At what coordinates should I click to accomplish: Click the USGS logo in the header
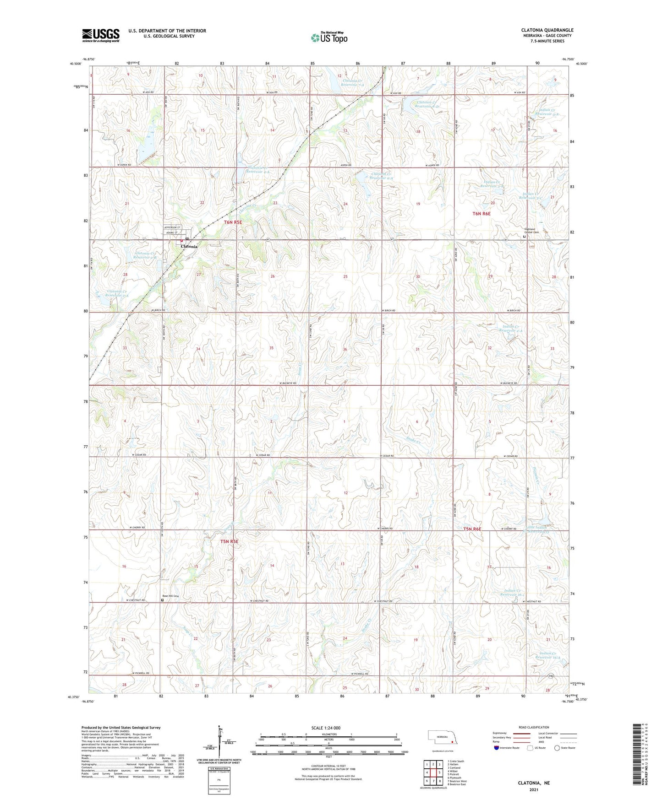pos(101,35)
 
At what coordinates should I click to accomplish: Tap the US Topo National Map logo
pos(328,37)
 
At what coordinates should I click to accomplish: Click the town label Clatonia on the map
pos(189,247)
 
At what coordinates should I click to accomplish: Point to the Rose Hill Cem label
pos(170,596)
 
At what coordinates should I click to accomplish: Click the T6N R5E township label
pos(233,222)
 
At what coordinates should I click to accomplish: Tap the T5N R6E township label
pos(472,529)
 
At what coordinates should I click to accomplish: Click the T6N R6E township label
pos(481,214)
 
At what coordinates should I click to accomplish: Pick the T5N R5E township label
pos(230,541)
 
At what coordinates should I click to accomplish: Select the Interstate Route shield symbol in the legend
pos(497,748)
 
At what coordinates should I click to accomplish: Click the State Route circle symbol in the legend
pos(557,748)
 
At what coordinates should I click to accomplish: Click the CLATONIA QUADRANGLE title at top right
pos(547,30)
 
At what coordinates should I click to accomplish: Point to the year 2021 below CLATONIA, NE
pos(534,789)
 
